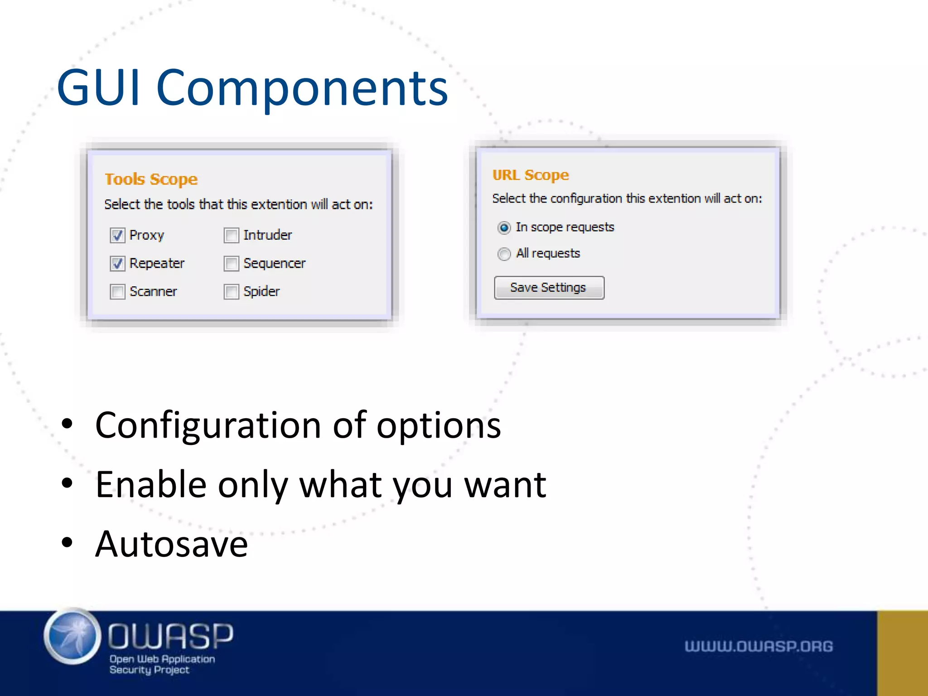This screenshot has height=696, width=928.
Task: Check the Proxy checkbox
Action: [x=117, y=235]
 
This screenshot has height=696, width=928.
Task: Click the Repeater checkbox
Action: [x=117, y=263]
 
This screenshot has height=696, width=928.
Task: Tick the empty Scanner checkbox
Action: [x=117, y=291]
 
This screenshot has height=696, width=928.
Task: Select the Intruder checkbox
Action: [x=231, y=235]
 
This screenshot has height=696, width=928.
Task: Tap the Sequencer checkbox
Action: [x=231, y=263]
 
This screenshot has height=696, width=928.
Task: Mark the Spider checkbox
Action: [x=231, y=291]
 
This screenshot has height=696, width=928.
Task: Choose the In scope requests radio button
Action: [x=504, y=227]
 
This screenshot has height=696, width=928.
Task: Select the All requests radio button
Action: [x=504, y=254]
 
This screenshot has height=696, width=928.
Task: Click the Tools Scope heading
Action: [x=151, y=179]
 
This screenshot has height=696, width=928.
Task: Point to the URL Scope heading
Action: [x=530, y=175]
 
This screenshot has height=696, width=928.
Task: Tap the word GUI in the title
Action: [x=99, y=87]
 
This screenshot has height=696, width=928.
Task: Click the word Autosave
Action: [x=171, y=544]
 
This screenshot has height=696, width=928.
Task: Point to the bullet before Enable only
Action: [x=67, y=483]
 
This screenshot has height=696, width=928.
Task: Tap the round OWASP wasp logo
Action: [x=72, y=636]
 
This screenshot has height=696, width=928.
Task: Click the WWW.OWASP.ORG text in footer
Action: [x=758, y=646]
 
